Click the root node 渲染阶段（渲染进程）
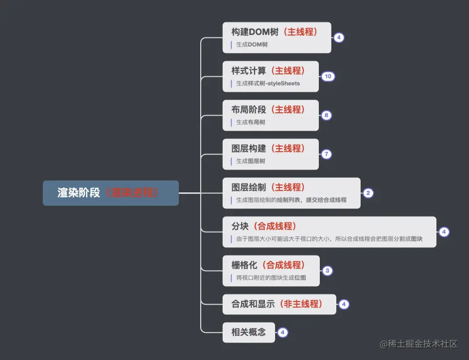click(110, 193)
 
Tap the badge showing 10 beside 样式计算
click(328, 77)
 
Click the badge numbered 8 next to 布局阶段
click(327, 116)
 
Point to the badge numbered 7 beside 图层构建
click(327, 154)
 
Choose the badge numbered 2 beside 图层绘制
click(368, 193)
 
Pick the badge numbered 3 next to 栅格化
click(328, 271)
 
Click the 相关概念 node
click(249, 333)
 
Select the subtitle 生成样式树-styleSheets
click(268, 84)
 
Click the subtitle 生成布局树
click(251, 122)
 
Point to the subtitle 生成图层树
click(251, 161)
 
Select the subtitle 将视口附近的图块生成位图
click(271, 278)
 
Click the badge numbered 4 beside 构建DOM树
click(339, 38)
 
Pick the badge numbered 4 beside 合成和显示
click(344, 305)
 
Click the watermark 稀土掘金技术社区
click(419, 344)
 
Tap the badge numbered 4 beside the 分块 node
click(444, 232)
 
